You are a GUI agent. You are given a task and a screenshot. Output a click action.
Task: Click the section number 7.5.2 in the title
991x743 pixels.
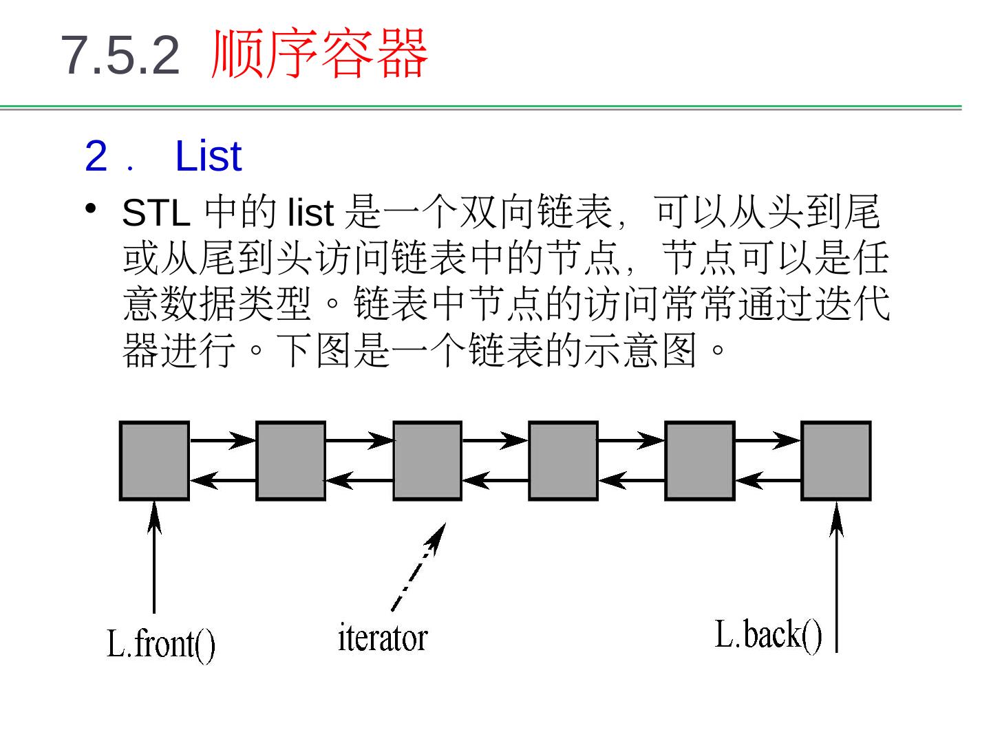tap(120, 55)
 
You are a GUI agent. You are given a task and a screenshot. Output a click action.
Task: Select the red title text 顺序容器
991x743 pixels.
tap(319, 54)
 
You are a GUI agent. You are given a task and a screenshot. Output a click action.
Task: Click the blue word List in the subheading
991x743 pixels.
tap(208, 156)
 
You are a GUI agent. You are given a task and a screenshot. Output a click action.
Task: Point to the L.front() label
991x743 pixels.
tap(161, 645)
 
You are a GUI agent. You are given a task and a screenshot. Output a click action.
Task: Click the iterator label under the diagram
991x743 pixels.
tap(383, 638)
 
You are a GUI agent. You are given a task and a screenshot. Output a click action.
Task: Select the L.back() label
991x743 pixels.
tap(768, 634)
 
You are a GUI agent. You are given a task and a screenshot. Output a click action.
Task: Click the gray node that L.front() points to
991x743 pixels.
tap(154, 460)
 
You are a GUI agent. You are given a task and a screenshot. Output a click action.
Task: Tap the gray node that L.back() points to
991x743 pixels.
tap(836, 460)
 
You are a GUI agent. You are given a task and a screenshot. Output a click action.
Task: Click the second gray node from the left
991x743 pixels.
tap(290, 460)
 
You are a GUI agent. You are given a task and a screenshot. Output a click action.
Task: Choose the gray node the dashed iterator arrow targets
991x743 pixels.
tap(427, 460)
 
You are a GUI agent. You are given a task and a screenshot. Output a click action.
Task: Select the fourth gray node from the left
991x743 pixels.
tap(563, 460)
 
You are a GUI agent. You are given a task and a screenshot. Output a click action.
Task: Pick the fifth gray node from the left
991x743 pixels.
tap(699, 460)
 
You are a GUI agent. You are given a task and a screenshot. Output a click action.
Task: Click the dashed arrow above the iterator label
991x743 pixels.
tap(418, 568)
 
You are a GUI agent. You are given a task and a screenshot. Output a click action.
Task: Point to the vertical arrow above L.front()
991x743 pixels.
tap(154, 557)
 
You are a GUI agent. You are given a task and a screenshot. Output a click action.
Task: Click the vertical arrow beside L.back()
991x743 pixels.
tap(836, 578)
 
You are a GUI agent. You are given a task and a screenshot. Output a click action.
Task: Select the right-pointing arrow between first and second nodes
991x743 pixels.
tap(222, 440)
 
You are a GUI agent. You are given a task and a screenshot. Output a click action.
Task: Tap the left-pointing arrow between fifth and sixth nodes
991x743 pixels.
tap(768, 480)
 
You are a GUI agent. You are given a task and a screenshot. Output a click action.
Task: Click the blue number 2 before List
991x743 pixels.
tap(96, 156)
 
